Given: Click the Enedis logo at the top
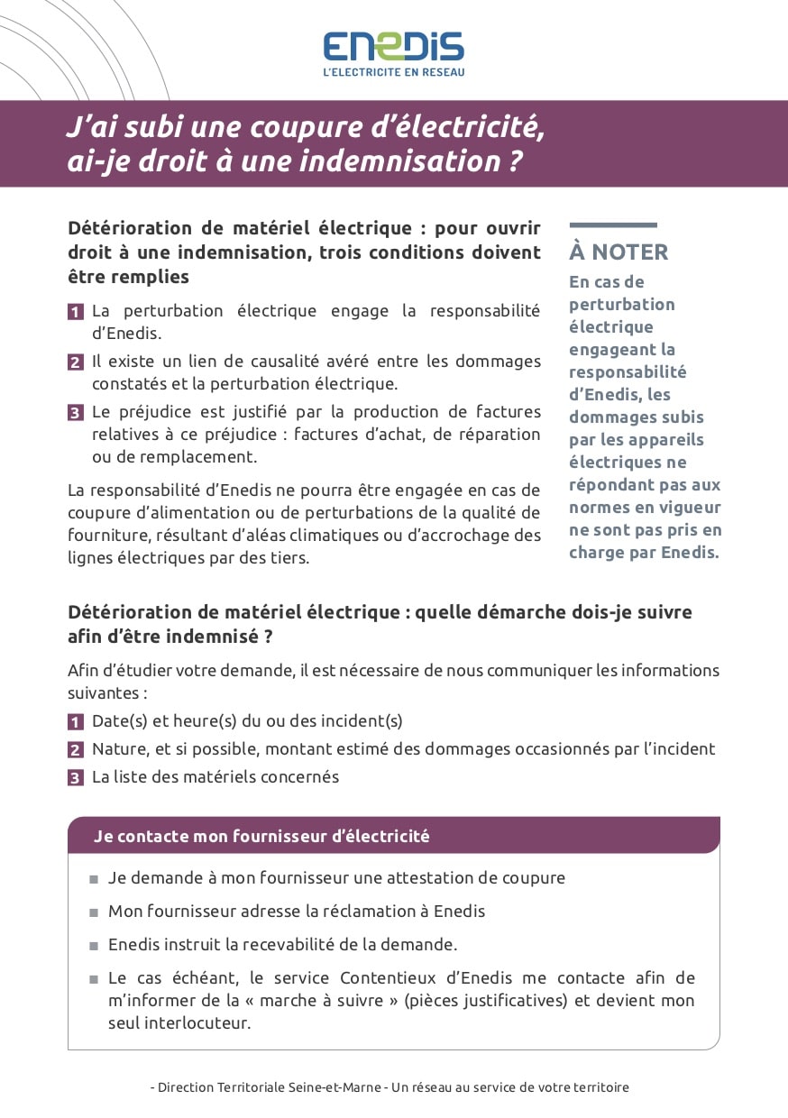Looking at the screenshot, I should [x=394, y=46].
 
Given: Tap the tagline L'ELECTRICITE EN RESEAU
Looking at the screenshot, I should [x=394, y=72].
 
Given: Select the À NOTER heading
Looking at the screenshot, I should [x=618, y=252].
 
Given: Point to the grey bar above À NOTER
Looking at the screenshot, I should [x=613, y=225].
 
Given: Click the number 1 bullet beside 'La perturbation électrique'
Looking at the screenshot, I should [x=76, y=312].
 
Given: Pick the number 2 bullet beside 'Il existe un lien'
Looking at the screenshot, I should [x=76, y=362].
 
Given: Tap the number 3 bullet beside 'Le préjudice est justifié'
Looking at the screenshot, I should [x=76, y=413].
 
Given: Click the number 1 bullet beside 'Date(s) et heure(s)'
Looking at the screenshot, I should [x=76, y=721].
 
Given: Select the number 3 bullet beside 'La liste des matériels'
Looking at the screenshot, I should [x=76, y=777].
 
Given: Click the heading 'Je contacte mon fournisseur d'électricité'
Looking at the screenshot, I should [x=261, y=836].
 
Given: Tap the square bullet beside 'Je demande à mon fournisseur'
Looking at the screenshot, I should [x=94, y=879].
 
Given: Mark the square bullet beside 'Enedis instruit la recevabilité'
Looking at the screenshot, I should [x=94, y=947].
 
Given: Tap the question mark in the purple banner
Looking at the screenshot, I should [x=513, y=161].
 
